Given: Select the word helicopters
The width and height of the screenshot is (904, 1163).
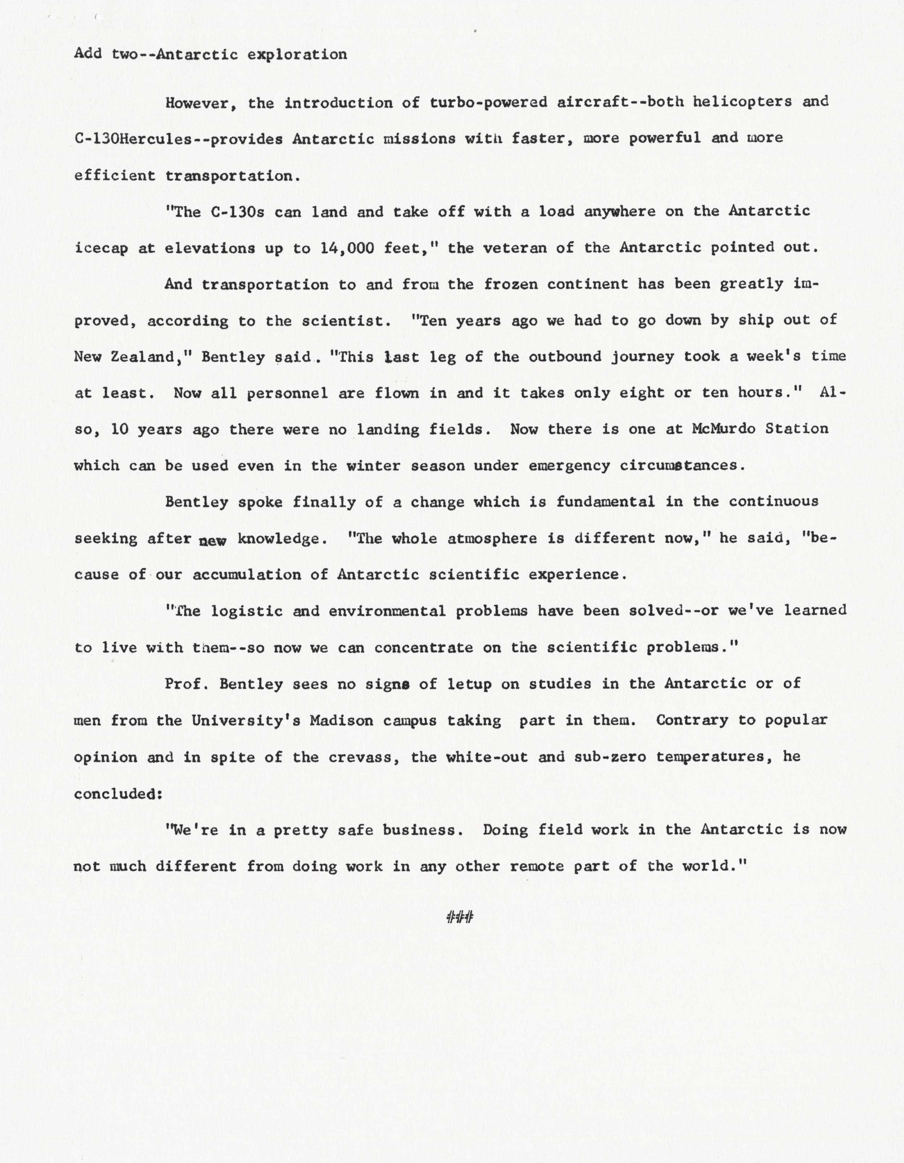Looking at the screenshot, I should pyautogui.click(x=742, y=102).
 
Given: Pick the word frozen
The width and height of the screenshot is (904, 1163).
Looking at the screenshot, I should pyautogui.click(x=511, y=284).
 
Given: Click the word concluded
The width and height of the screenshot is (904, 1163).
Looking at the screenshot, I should pyautogui.click(x=117, y=794).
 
